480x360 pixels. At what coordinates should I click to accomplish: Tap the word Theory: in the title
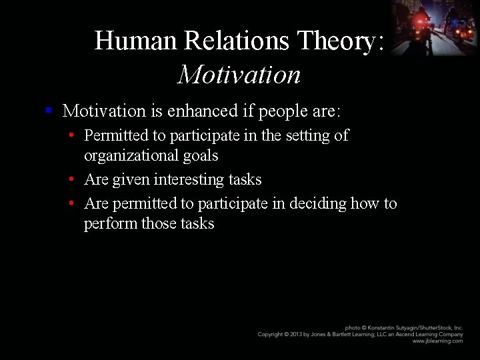(x=341, y=41)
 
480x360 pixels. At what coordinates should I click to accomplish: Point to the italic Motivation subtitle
(x=239, y=75)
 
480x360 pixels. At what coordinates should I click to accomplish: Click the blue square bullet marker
(x=49, y=109)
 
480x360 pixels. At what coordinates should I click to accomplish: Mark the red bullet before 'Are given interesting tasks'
(x=71, y=179)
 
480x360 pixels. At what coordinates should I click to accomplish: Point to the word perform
(x=111, y=223)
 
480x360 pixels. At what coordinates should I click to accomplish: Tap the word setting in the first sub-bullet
(x=308, y=135)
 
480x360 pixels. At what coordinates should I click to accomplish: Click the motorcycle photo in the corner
(x=433, y=27)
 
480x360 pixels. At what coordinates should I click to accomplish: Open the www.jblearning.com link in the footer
(x=437, y=341)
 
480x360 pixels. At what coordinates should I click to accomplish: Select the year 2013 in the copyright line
(x=303, y=334)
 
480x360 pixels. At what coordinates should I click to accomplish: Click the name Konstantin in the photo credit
(x=381, y=328)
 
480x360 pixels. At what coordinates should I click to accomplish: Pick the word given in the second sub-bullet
(x=131, y=179)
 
